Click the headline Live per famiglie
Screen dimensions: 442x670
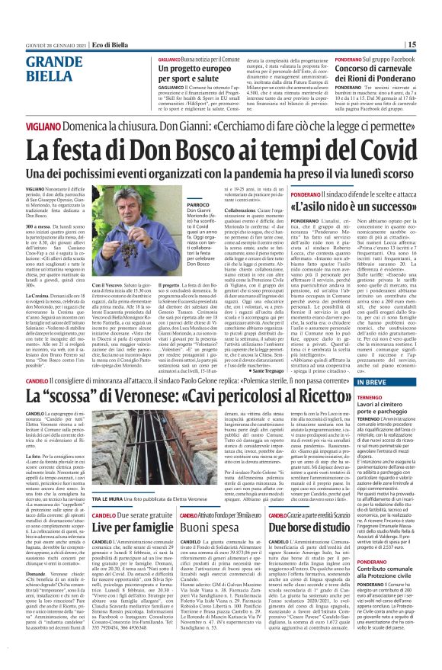coord(127,505)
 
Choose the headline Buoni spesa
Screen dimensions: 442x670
coord(206,505)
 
